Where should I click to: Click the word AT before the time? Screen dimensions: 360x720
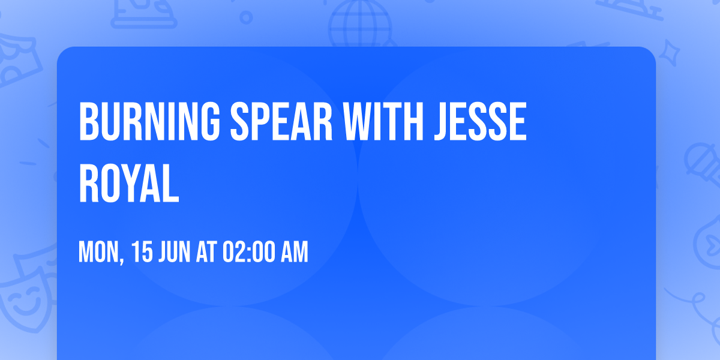click(206, 253)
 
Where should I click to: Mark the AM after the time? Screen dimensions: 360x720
click(295, 253)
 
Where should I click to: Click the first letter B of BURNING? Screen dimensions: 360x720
click(88, 122)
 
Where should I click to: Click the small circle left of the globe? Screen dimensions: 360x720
click(246, 17)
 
